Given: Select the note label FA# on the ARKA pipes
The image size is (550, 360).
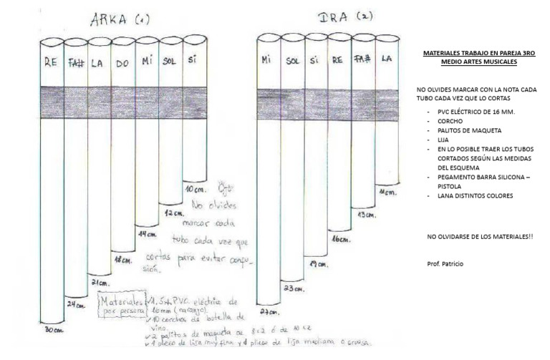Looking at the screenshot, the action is coord(76,63).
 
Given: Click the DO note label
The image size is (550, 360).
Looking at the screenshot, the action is coord(123,64).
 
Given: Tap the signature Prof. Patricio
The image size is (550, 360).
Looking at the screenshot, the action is coord(445,264).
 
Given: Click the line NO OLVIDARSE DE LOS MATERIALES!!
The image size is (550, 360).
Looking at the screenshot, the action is coord(479,235).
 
